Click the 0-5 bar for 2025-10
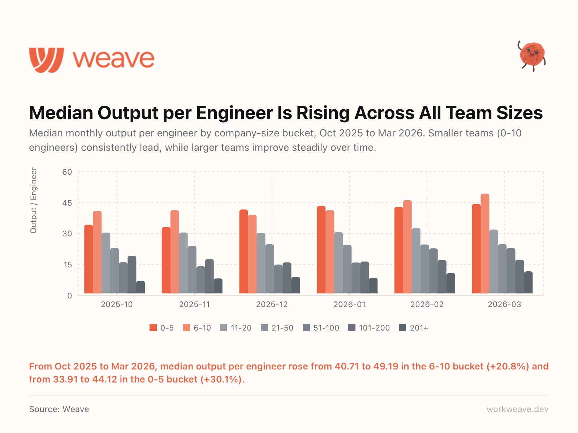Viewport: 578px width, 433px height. (x=89, y=259)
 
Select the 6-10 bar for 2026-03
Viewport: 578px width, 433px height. (x=485, y=244)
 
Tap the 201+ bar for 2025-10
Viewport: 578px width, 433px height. (x=141, y=287)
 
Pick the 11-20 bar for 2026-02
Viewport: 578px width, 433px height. (x=416, y=261)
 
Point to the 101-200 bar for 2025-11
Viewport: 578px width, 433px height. (x=210, y=276)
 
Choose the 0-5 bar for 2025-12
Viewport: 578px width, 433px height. (x=243, y=252)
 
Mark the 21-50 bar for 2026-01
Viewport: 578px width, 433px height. (x=347, y=269)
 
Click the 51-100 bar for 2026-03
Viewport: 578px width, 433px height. (x=511, y=271)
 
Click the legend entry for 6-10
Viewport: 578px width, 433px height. (x=197, y=328)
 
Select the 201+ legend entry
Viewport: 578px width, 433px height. (x=414, y=328)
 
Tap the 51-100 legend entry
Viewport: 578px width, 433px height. (x=321, y=328)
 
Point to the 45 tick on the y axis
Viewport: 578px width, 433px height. (x=67, y=203)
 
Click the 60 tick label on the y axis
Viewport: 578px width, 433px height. (x=67, y=172)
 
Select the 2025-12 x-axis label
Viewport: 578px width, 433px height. (x=272, y=305)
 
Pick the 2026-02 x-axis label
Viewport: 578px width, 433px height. (x=427, y=305)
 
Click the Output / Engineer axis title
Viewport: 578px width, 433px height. (x=34, y=200)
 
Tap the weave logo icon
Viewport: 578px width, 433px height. (x=47, y=60)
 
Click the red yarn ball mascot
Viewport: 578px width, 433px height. (x=532, y=55)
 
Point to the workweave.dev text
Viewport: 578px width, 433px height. (x=517, y=409)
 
